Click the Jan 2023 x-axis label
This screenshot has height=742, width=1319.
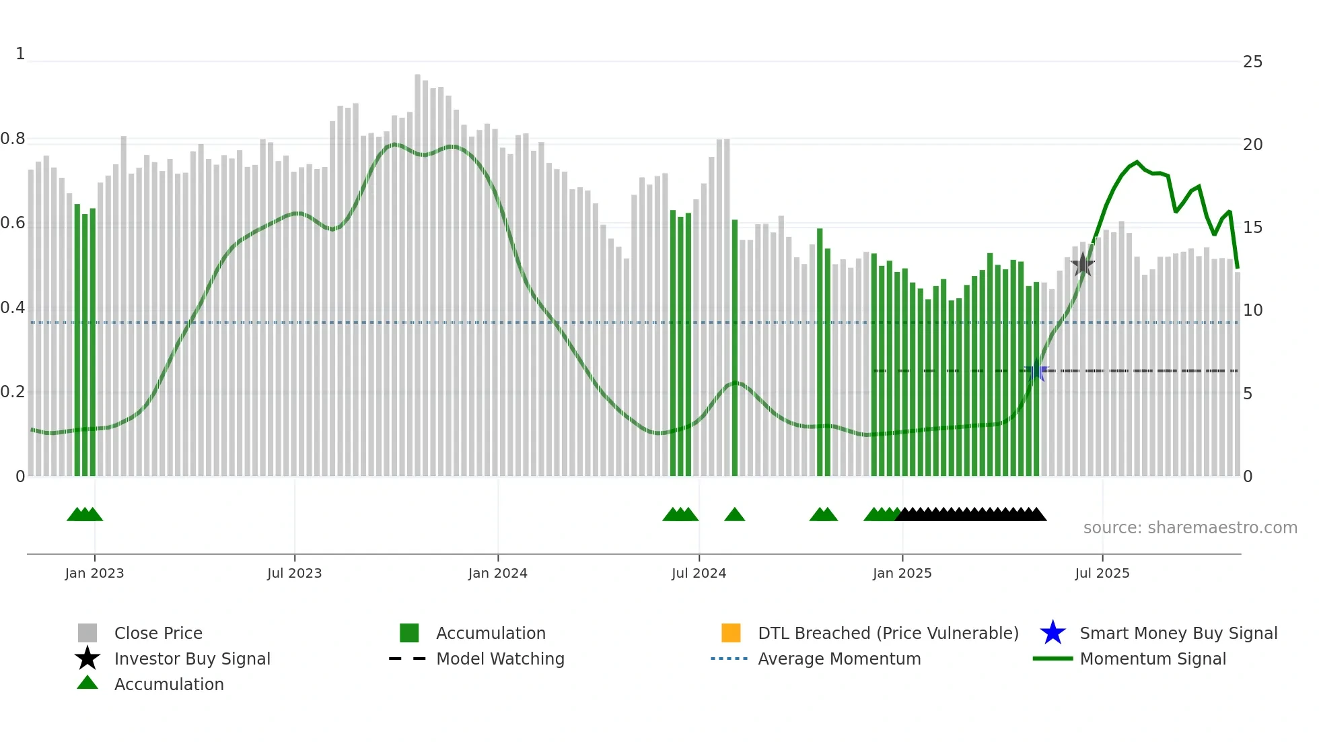94,573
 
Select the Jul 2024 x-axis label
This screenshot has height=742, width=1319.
699,573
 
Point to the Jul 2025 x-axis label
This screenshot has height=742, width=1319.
1102,573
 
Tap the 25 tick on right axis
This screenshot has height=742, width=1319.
1252,62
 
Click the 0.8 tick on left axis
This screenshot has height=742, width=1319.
13,139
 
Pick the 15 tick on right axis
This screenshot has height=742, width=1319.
1252,228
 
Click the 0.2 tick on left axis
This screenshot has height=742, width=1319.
13,392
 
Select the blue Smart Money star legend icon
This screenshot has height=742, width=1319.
1053,633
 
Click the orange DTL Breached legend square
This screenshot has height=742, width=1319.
731,633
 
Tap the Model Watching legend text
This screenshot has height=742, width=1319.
500,659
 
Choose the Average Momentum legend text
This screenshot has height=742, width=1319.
839,659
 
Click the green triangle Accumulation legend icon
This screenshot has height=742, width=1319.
87,683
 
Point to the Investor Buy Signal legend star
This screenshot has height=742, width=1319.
87,659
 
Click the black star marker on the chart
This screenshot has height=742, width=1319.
1082,265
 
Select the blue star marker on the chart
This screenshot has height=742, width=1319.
1036,372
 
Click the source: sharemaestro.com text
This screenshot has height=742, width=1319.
1190,528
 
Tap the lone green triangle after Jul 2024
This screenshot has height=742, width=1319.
734,515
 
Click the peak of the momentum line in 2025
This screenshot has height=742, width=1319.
1137,162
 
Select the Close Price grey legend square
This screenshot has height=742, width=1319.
87,633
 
